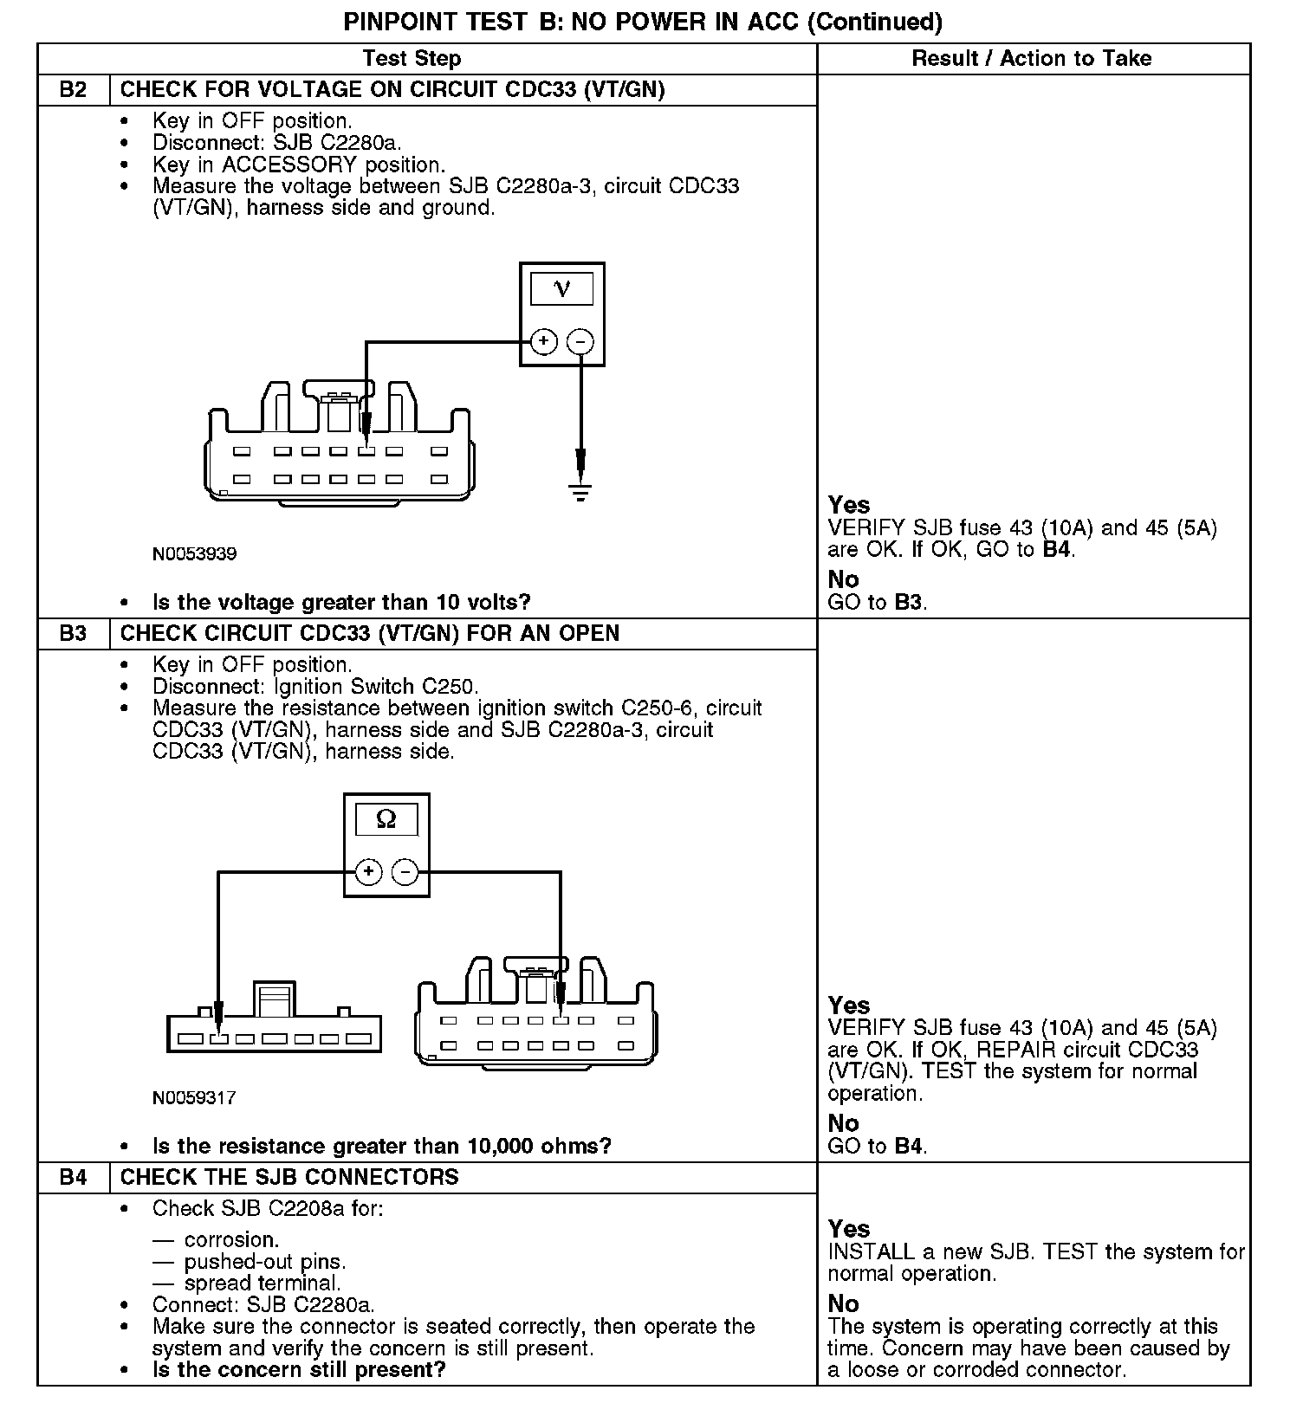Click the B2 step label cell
click(74, 90)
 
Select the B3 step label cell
click(74, 634)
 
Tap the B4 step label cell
click(74, 1178)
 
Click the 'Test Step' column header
click(412, 59)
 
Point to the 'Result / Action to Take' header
click(1032, 59)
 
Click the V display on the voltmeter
click(561, 289)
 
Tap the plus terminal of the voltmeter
click(543, 341)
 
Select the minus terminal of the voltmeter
click(580, 342)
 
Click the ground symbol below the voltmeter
click(580, 493)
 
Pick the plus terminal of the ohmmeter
click(368, 871)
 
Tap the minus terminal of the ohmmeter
click(405, 871)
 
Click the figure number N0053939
click(194, 553)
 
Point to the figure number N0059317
click(194, 1098)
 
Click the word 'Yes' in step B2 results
click(848, 505)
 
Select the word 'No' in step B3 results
click(843, 1123)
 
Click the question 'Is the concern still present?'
click(299, 1370)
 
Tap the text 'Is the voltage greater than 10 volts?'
click(341, 603)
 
